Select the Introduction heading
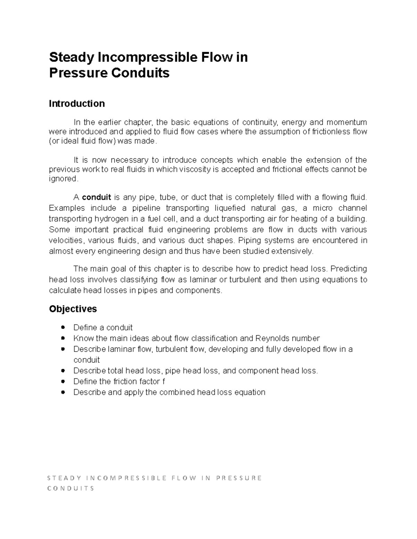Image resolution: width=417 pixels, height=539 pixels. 77,104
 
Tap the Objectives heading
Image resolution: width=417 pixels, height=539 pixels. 73,309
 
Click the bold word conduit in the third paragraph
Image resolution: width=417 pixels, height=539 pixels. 97,197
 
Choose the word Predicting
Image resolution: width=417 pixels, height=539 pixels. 349,269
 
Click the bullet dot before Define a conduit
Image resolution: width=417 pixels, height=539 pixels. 63,327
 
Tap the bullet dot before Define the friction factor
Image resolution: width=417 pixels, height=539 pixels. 63,381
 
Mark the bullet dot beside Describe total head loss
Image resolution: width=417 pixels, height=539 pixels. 63,371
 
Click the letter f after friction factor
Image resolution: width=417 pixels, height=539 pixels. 163,381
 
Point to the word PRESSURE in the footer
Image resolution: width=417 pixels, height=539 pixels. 239,478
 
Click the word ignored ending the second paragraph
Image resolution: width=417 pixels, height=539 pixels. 63,179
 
